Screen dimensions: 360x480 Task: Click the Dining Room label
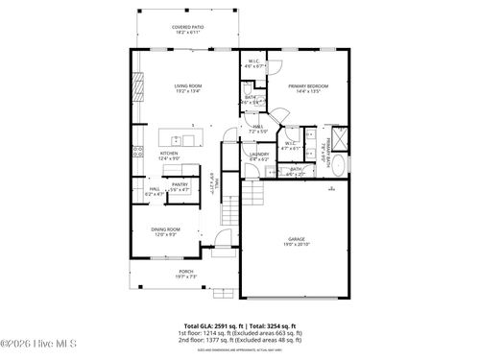point(165,228)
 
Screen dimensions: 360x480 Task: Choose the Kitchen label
point(169,154)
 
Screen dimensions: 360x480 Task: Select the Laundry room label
point(259,154)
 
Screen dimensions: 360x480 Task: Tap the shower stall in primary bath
point(338,135)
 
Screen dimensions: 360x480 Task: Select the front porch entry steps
point(224,291)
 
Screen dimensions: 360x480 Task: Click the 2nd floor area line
point(240,340)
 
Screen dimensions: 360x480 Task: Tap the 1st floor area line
point(240,333)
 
